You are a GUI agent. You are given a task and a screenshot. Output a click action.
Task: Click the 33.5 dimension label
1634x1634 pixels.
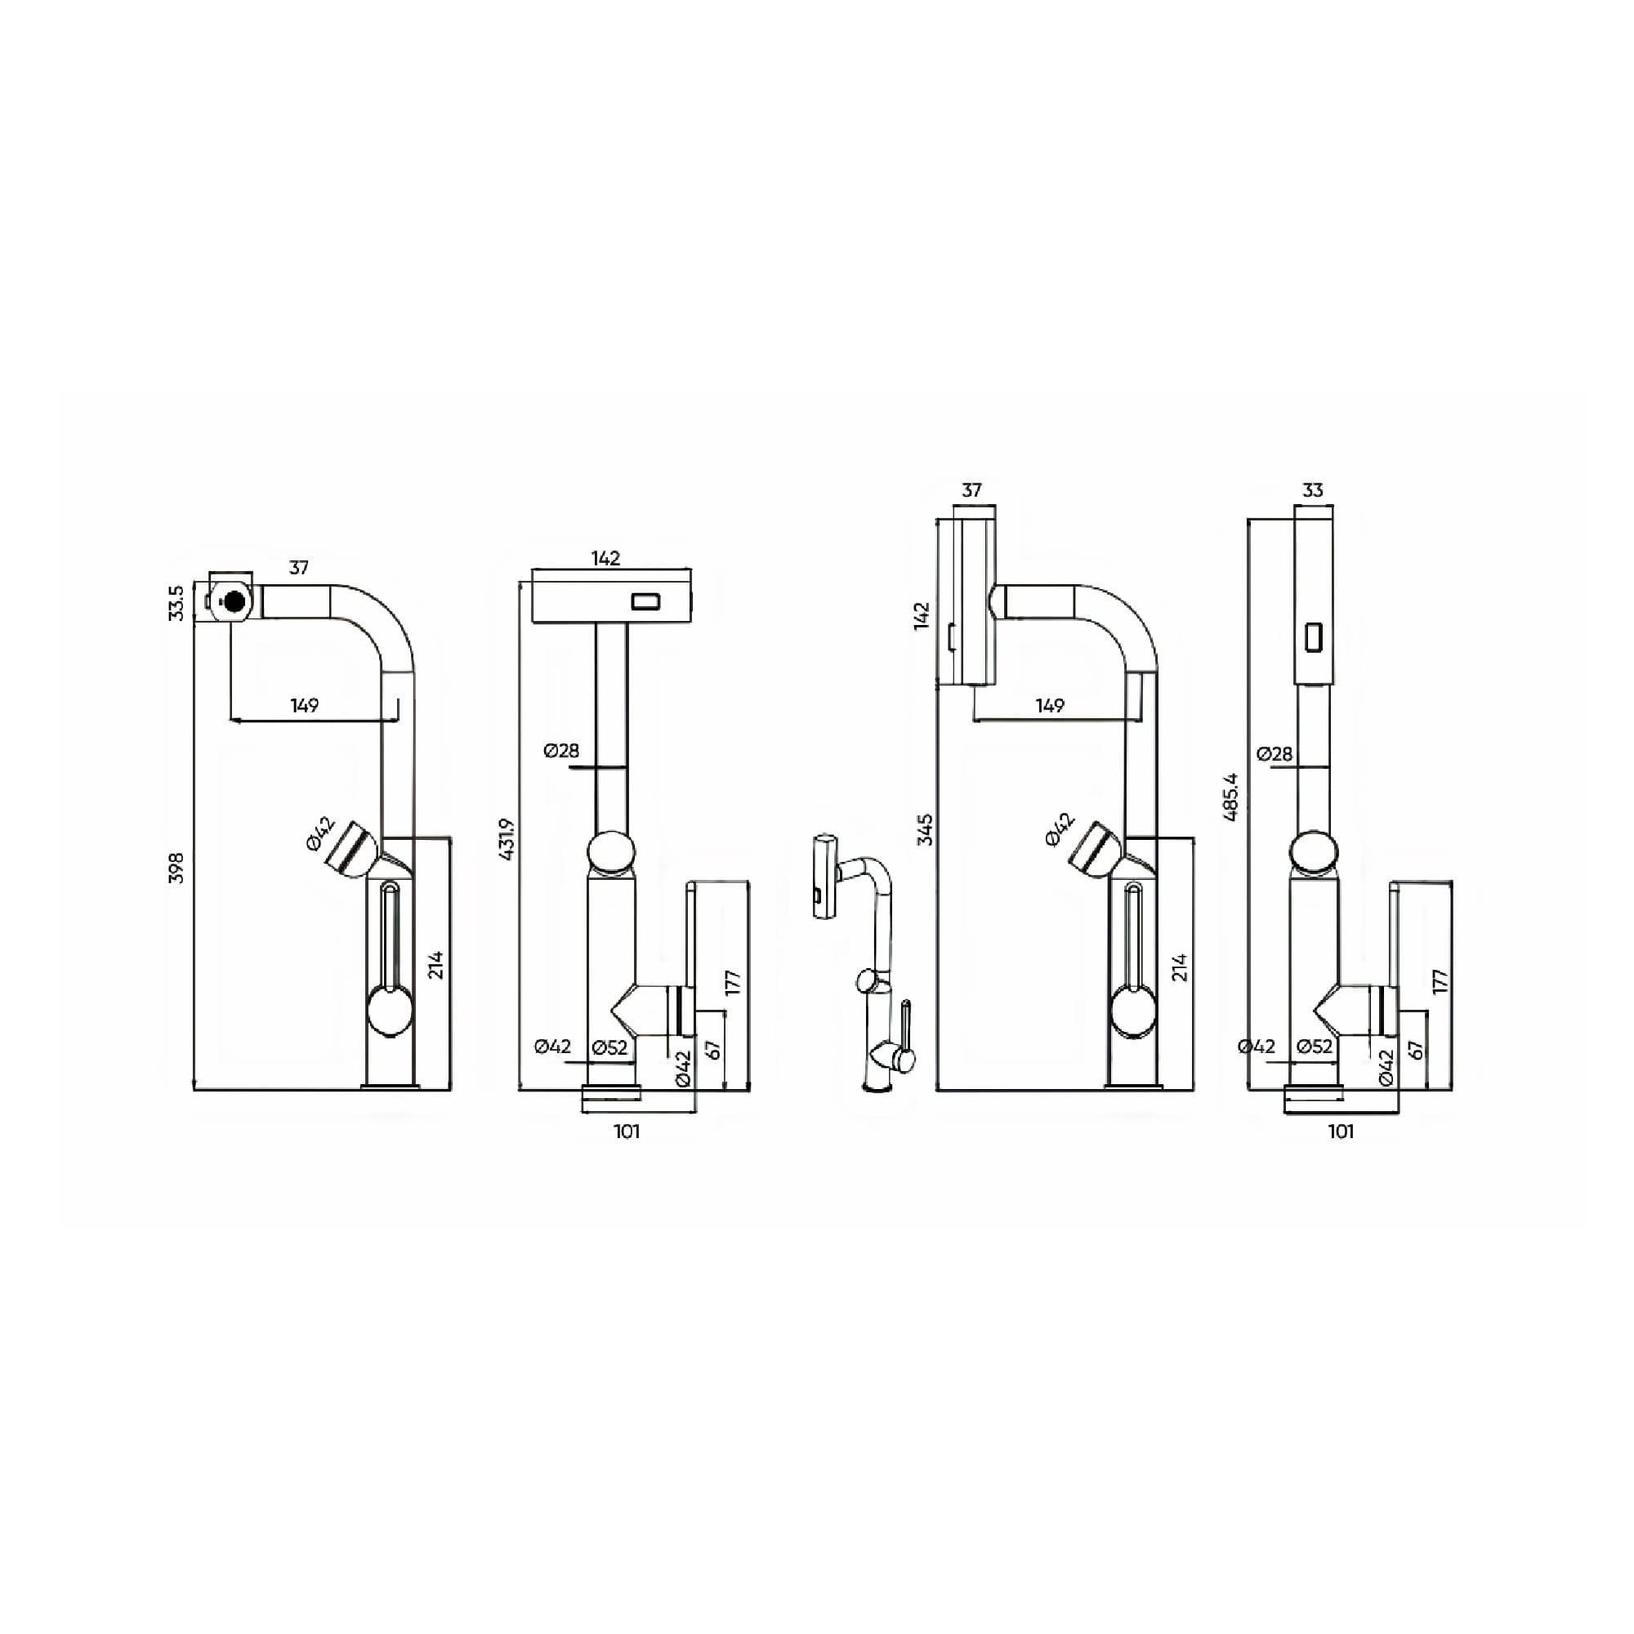pos(176,603)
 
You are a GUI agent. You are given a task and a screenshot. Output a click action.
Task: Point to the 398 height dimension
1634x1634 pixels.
pos(176,868)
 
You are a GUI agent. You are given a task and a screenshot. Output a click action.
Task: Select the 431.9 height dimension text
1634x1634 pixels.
pos(507,839)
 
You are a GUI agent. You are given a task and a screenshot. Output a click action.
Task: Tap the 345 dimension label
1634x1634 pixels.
pos(926,828)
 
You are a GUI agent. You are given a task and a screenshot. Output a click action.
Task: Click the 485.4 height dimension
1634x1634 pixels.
pos(1230,797)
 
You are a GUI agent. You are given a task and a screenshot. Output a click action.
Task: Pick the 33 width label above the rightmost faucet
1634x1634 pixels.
pos(1313,490)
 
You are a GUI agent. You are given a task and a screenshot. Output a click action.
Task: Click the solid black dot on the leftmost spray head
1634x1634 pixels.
pos(234,601)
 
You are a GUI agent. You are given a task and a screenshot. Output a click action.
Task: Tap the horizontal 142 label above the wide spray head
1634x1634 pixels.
pos(605,558)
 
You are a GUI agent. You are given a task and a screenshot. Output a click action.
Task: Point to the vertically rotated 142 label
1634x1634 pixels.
pos(922,615)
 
